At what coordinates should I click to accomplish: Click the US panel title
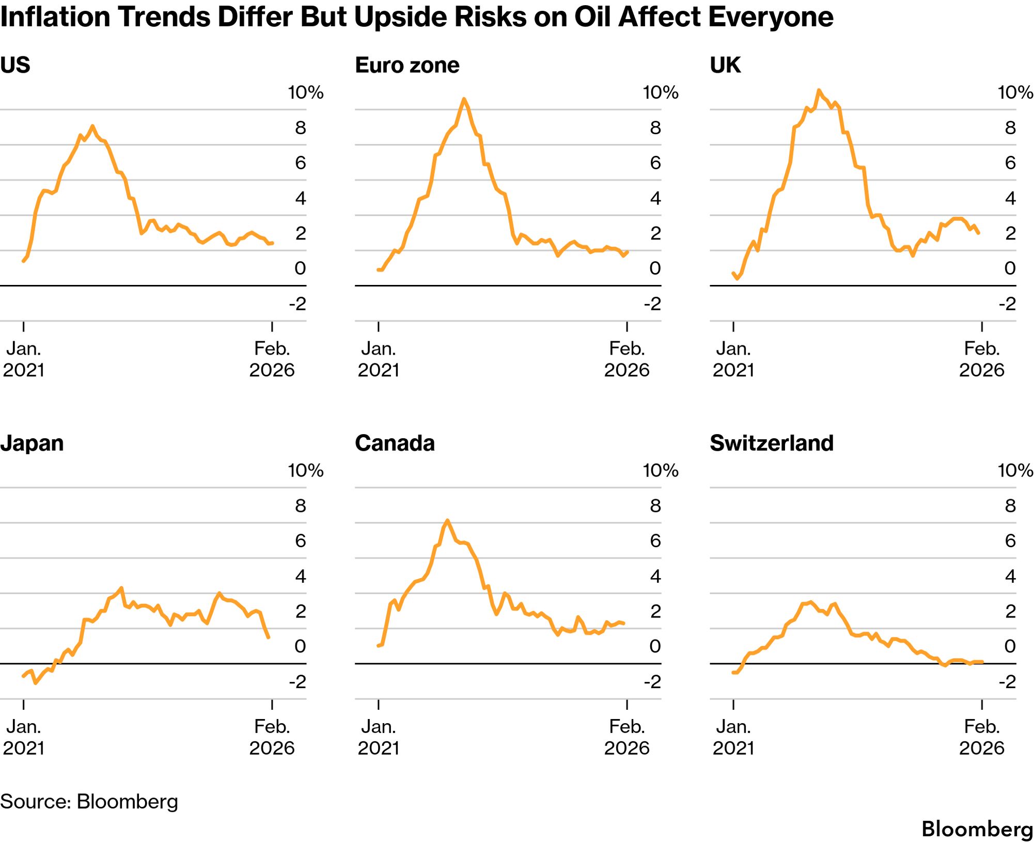pyautogui.click(x=15, y=66)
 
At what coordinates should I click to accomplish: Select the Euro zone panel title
pyautogui.click(x=407, y=66)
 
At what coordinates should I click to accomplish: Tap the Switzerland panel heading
pyautogui.click(x=771, y=443)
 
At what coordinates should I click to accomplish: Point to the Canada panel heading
pyautogui.click(x=395, y=443)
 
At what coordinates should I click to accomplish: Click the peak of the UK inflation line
pyautogui.click(x=819, y=90)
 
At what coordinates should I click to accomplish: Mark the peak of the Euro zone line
pyautogui.click(x=464, y=99)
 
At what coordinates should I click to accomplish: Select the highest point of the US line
pyautogui.click(x=92, y=126)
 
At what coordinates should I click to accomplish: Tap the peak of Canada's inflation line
pyautogui.click(x=447, y=520)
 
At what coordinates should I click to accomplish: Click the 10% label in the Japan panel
pyautogui.click(x=305, y=470)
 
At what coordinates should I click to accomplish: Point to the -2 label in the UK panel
pyautogui.click(x=1007, y=304)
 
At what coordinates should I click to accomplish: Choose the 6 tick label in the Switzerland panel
pyautogui.click(x=1010, y=540)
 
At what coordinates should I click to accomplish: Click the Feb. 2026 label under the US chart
pyautogui.click(x=272, y=359)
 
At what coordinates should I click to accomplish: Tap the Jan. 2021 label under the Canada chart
pyautogui.click(x=379, y=737)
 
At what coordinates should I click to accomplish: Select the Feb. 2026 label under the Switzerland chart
pyautogui.click(x=981, y=737)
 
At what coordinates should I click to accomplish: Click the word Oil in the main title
pyautogui.click(x=593, y=17)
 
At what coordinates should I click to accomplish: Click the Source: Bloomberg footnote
pyautogui.click(x=89, y=802)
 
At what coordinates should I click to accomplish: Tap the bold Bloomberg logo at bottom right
pyautogui.click(x=977, y=830)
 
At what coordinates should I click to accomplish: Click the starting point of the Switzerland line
pyautogui.click(x=733, y=673)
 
